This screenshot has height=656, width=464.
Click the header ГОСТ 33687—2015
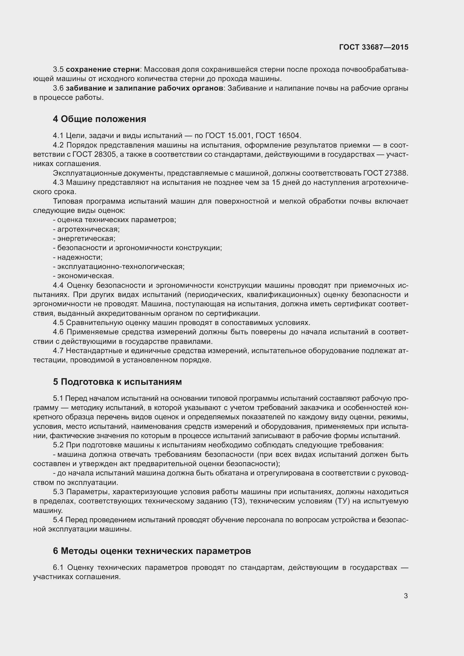click(x=374, y=47)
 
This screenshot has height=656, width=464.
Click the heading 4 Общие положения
click(x=99, y=119)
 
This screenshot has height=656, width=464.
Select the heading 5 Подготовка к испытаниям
click(x=117, y=382)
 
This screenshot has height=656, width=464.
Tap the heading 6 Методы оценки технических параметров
click(x=152, y=551)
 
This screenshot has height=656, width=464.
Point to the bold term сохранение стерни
click(x=103, y=70)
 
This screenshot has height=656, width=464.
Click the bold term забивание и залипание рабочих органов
click(x=144, y=88)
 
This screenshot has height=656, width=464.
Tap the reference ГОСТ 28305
click(x=94, y=155)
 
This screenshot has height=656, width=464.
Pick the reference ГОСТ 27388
click(x=386, y=173)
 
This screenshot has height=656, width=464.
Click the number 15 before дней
click(x=276, y=183)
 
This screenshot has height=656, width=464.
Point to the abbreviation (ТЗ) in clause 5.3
click(x=238, y=501)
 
